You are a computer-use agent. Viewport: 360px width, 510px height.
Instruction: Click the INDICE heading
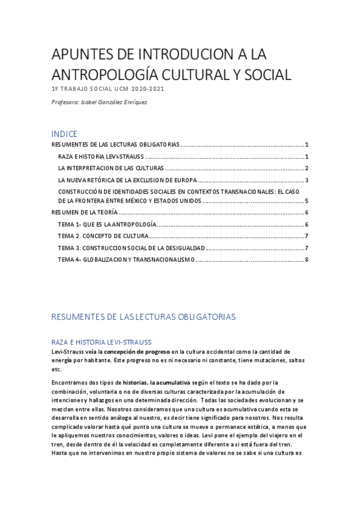point(64,134)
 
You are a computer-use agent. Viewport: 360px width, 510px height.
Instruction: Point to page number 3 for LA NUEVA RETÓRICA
point(307,180)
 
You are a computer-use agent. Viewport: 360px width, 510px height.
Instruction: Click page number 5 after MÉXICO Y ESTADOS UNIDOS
point(307,201)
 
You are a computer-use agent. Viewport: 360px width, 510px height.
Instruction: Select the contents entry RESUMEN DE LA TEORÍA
point(84,212)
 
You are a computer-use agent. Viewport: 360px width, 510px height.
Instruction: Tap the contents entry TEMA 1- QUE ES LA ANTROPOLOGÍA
point(107,224)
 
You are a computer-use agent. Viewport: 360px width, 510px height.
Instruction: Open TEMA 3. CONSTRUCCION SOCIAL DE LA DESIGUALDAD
point(132,248)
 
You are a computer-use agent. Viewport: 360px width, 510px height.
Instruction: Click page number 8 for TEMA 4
point(307,259)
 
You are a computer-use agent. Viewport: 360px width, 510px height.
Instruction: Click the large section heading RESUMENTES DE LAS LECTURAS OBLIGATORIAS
point(144,316)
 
